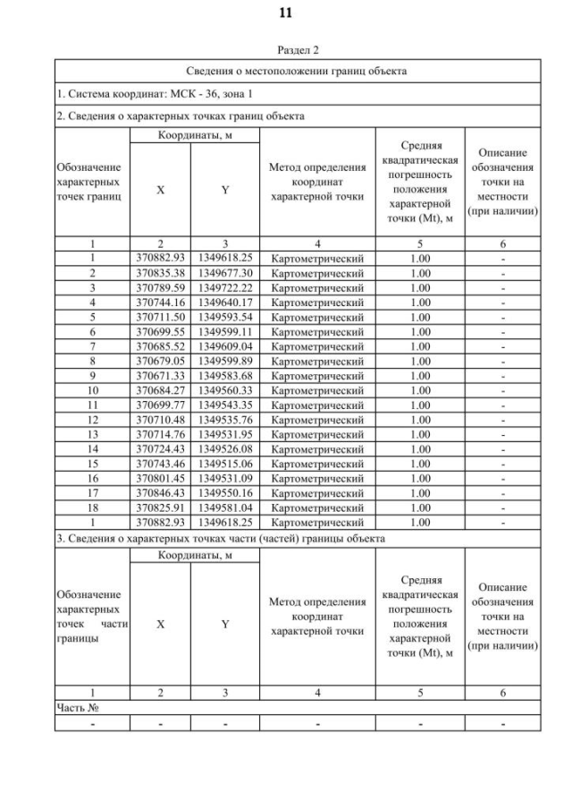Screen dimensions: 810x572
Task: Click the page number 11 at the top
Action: [285, 13]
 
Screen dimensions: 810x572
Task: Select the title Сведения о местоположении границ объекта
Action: [297, 70]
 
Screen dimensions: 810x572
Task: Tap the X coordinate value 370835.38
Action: [160, 272]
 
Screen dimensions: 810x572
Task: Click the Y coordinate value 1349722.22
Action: [225, 287]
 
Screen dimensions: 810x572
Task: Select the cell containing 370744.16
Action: [160, 303]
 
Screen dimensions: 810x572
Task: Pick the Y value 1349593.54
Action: [225, 318]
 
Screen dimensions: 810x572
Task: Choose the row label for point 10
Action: [92, 389]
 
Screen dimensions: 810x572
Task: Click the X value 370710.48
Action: [160, 420]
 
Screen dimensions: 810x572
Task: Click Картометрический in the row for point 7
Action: [317, 345]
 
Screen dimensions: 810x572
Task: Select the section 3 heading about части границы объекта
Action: [222, 539]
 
